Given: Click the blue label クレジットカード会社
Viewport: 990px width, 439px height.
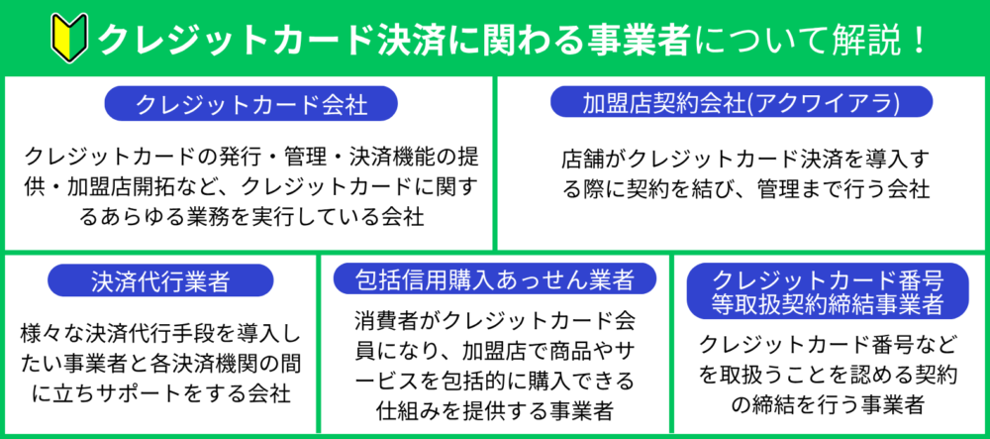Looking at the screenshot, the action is point(250,104).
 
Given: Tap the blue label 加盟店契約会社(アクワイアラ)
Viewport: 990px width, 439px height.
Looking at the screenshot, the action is point(742,102).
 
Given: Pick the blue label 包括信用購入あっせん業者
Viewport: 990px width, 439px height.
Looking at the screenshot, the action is point(494,277).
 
